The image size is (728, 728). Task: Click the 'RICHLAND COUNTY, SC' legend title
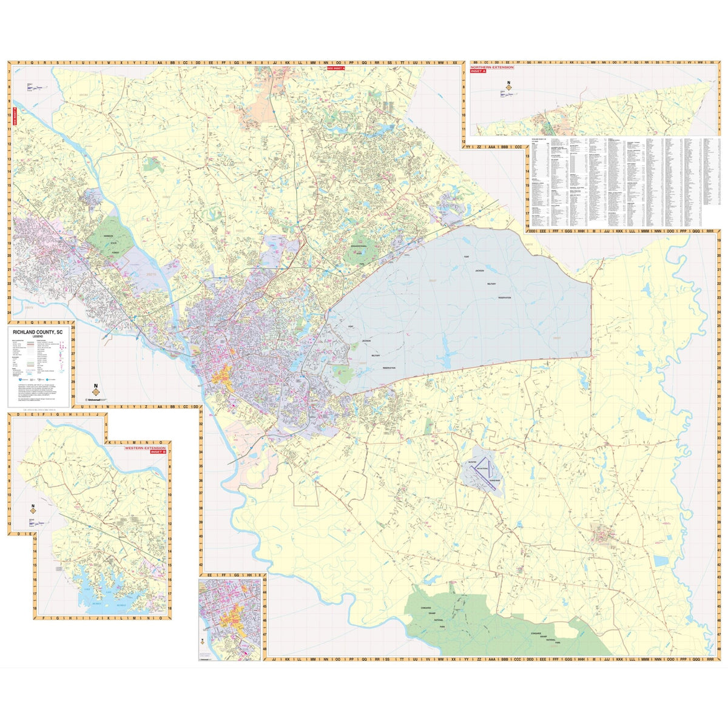pos(38,332)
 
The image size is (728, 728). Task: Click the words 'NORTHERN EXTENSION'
pos(487,67)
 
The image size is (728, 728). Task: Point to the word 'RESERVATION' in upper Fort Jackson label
pos(504,298)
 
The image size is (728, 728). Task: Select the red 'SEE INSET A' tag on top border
pos(335,69)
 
